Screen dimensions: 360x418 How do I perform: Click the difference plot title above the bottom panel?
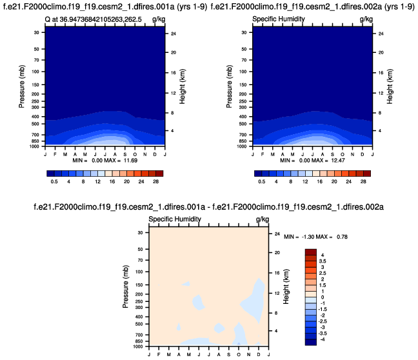tap(209, 206)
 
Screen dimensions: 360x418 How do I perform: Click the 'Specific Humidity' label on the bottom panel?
tap(174, 220)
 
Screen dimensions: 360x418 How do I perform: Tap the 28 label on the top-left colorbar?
tap(156, 183)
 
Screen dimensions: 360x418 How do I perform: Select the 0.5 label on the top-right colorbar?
tap(261, 183)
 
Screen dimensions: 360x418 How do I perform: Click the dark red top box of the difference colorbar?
tap(311, 252)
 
